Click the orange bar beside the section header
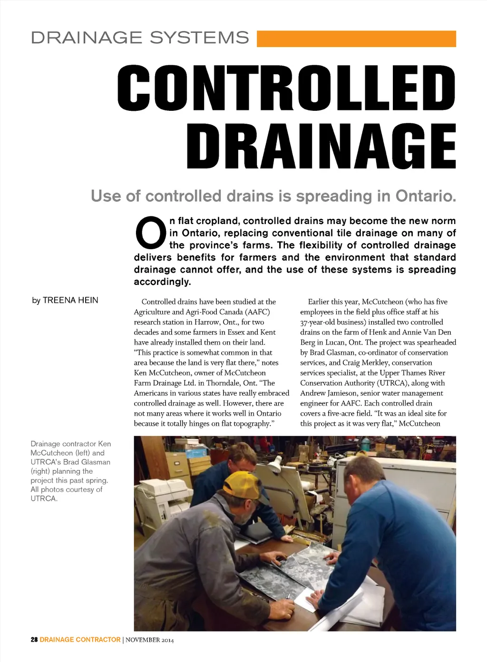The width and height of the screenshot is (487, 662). click(x=356, y=39)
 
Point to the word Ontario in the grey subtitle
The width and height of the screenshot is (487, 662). click(x=426, y=196)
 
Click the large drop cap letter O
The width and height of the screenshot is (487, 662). click(x=151, y=233)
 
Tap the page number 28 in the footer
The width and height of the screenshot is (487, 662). click(x=34, y=640)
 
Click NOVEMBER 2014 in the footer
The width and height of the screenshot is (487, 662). click(x=149, y=640)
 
